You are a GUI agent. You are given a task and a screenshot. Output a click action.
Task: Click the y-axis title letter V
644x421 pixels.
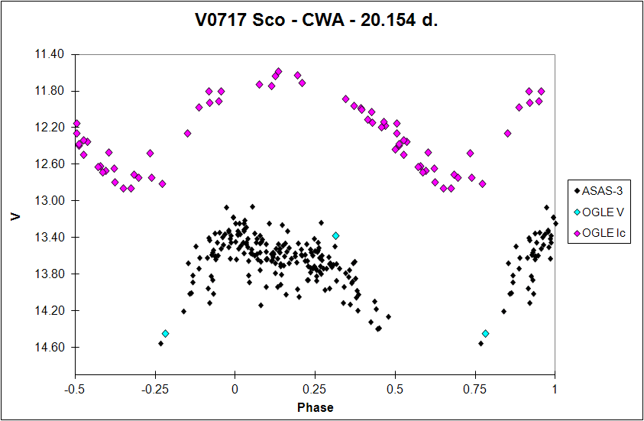pyautogui.click(x=16, y=216)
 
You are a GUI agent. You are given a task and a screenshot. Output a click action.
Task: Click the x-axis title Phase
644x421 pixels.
pyautogui.click(x=315, y=407)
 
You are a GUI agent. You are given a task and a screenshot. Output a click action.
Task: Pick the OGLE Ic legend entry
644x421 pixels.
pyautogui.click(x=603, y=233)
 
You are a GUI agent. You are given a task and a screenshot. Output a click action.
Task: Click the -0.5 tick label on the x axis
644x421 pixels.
pyautogui.click(x=75, y=389)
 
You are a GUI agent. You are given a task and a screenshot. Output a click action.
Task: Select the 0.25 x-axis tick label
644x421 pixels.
pyautogui.click(x=315, y=389)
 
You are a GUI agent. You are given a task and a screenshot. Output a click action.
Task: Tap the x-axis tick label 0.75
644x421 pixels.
pyautogui.click(x=474, y=389)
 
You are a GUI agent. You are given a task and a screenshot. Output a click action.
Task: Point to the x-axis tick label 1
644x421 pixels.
pyautogui.click(x=555, y=389)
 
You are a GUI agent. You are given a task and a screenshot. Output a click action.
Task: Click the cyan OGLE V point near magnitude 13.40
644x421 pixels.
pyautogui.click(x=335, y=235)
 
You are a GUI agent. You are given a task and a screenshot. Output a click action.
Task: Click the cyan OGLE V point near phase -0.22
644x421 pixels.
pyautogui.click(x=165, y=333)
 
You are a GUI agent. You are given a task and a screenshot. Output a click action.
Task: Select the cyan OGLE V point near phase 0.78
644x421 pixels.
pyautogui.click(x=485, y=333)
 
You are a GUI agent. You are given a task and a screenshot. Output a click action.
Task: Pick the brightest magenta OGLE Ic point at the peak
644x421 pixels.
pyautogui.click(x=278, y=72)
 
